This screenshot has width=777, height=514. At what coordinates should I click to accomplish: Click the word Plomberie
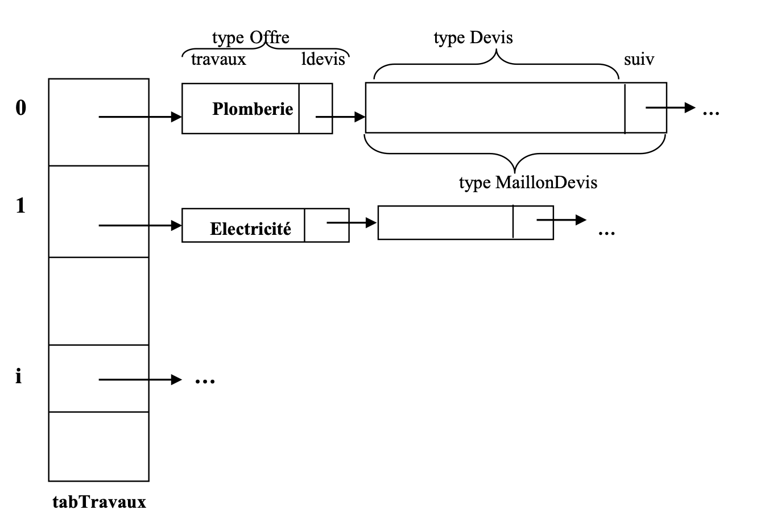253,109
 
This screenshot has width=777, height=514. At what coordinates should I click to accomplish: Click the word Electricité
250,229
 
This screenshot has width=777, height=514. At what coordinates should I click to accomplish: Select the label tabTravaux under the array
99,502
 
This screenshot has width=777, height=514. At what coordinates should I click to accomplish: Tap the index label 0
20,107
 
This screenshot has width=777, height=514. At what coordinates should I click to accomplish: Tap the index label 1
20,205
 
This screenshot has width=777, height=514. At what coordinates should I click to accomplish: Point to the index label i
19,376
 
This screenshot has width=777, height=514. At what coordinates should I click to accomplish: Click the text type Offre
250,38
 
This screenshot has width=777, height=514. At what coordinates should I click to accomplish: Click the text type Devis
473,38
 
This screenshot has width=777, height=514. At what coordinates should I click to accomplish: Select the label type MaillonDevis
528,182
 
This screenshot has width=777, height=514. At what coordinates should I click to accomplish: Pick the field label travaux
218,59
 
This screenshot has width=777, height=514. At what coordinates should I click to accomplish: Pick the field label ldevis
323,59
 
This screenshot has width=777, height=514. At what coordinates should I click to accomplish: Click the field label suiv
639,59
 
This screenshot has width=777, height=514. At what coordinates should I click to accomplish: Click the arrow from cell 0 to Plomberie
139,117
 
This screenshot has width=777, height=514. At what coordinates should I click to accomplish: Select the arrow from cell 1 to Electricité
139,226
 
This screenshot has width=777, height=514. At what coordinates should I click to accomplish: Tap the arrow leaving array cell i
139,379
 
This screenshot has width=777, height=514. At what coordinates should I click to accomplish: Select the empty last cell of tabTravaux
98,446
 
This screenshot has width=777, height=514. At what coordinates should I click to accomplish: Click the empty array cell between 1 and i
98,301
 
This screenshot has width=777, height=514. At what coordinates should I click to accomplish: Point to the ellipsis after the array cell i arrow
205,381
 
